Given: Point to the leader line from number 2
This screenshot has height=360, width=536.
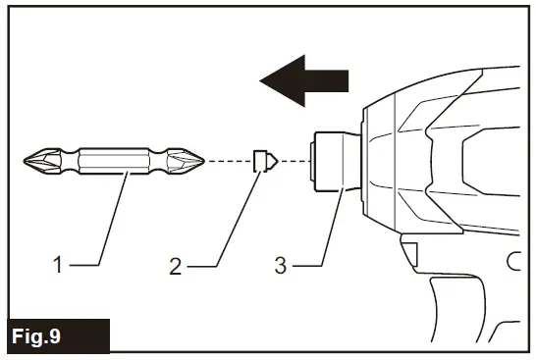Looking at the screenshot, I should (232, 226).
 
